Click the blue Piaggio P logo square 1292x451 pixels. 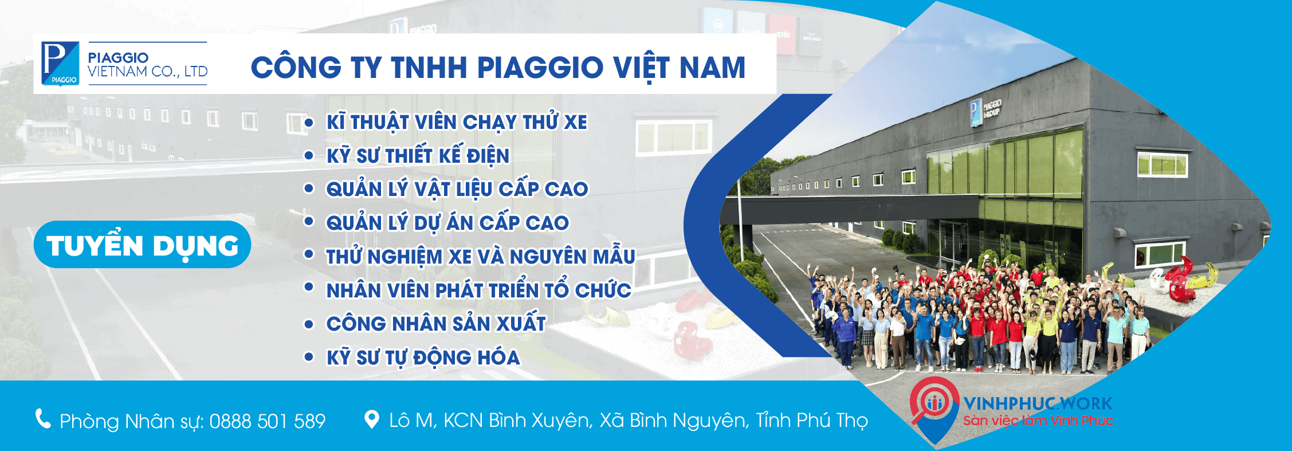tap(60, 64)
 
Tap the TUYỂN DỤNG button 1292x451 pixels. tap(142, 245)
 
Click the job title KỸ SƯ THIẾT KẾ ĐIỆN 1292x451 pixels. tap(418, 156)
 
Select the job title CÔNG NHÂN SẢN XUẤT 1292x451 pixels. tap(435, 324)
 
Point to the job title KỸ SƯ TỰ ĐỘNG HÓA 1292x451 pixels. tap(423, 358)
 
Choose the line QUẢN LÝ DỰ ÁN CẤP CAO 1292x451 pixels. tap(447, 223)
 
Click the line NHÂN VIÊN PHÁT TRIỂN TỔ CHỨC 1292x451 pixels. tap(478, 291)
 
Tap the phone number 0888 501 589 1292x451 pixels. tap(268, 421)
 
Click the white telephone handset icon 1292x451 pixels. tap(43, 419)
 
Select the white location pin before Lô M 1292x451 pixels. tap(372, 419)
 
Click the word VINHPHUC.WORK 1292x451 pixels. tap(1038, 403)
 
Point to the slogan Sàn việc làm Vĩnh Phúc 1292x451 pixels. tap(1038, 421)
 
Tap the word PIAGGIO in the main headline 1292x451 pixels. tap(540, 68)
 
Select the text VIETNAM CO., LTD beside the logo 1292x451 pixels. tap(147, 72)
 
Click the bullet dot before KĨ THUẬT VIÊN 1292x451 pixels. tap(309, 123)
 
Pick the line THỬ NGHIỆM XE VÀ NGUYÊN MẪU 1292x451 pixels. tap(480, 257)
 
